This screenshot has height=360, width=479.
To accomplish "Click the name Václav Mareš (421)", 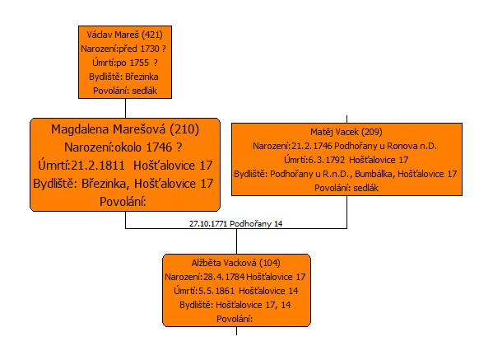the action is pos(124,35).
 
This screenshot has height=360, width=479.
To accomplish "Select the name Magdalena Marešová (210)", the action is pos(125,129).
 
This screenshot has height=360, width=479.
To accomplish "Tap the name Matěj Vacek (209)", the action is pos(346,132).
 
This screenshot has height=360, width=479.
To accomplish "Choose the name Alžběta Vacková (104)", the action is pos(236,263).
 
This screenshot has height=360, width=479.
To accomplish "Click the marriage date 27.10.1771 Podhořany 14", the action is pos(236,223).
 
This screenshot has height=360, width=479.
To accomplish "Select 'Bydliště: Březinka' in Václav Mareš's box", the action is pos(123,77).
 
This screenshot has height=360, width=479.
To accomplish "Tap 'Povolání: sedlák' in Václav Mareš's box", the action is pos(125,91).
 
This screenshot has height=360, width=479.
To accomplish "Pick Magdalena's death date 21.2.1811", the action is pos(97,166).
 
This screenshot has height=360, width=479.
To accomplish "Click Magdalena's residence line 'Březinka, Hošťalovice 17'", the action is pos(147,184).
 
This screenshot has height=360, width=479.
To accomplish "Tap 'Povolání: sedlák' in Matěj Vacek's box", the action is pos(346,188).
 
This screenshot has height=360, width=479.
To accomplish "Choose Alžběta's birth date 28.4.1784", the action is pos(224,277).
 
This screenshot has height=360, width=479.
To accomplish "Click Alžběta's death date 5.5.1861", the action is pos(216,291).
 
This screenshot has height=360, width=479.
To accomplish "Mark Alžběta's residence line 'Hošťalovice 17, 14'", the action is pos(253,305).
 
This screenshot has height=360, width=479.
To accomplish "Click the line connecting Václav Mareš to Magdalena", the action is pos(126,108).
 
